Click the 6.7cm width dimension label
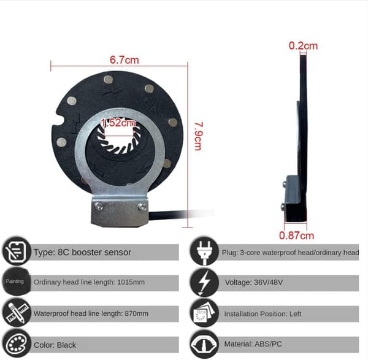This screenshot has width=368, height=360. click(x=124, y=60)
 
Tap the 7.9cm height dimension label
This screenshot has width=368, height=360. click(x=198, y=136)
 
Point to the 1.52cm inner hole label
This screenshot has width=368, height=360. click(x=118, y=123)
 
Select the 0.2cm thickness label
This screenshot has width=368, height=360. click(x=303, y=45)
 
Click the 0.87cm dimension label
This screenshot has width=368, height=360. click(x=296, y=236)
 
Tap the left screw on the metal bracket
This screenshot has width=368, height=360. click(x=98, y=206)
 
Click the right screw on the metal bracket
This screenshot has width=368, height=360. click(x=142, y=207)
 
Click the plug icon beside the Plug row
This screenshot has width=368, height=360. click(x=204, y=251)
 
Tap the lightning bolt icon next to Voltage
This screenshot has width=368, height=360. click(x=204, y=283)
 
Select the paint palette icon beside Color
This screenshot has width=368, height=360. click(x=16, y=345)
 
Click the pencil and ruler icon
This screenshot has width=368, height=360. click(x=16, y=313)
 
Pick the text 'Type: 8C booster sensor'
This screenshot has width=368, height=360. click(x=82, y=252)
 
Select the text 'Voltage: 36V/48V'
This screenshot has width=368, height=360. click(x=254, y=282)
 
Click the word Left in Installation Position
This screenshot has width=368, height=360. click(x=295, y=314)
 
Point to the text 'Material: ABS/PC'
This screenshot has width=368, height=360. click(x=253, y=344)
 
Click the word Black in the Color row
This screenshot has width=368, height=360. click(x=66, y=345)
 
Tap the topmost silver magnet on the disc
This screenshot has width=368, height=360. click(x=108, y=80)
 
